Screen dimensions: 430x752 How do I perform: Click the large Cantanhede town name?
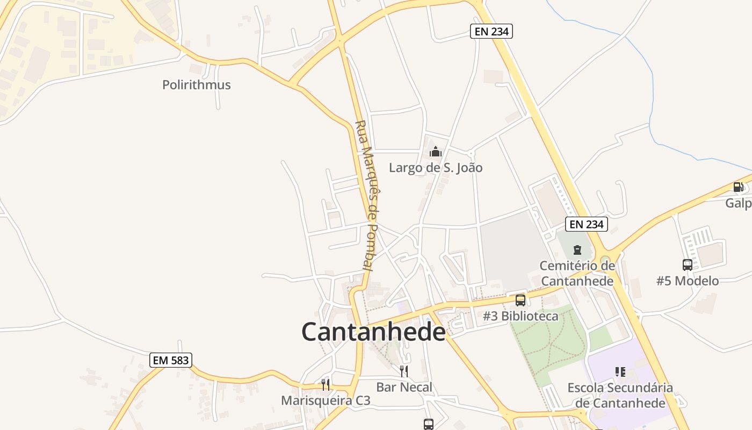point(373,332)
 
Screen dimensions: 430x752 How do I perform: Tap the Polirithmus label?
point(197,84)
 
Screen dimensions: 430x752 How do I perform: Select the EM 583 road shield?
point(171,360)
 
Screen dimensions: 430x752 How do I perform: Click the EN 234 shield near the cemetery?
point(587,224)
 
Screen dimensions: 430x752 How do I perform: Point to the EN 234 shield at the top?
point(491,31)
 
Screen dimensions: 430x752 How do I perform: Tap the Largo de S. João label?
point(436,168)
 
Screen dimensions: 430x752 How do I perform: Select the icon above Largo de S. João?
point(436,152)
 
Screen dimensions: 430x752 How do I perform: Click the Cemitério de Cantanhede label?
point(577,273)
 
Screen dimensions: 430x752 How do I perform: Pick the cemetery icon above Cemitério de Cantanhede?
point(577,250)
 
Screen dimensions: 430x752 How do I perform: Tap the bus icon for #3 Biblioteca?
point(520,300)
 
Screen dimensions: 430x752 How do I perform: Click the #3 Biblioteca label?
point(520,316)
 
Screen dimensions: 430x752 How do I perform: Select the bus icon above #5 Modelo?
point(688,264)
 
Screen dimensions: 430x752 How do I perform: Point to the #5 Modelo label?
point(688,281)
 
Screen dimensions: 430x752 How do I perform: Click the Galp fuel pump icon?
point(739,187)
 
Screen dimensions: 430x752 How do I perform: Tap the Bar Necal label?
point(404,387)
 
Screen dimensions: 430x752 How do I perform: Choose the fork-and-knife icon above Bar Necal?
point(404,371)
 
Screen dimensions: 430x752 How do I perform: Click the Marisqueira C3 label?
point(326,400)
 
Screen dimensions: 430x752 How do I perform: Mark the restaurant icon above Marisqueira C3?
point(326,384)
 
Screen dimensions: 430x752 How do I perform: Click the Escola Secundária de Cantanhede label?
point(620,395)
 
